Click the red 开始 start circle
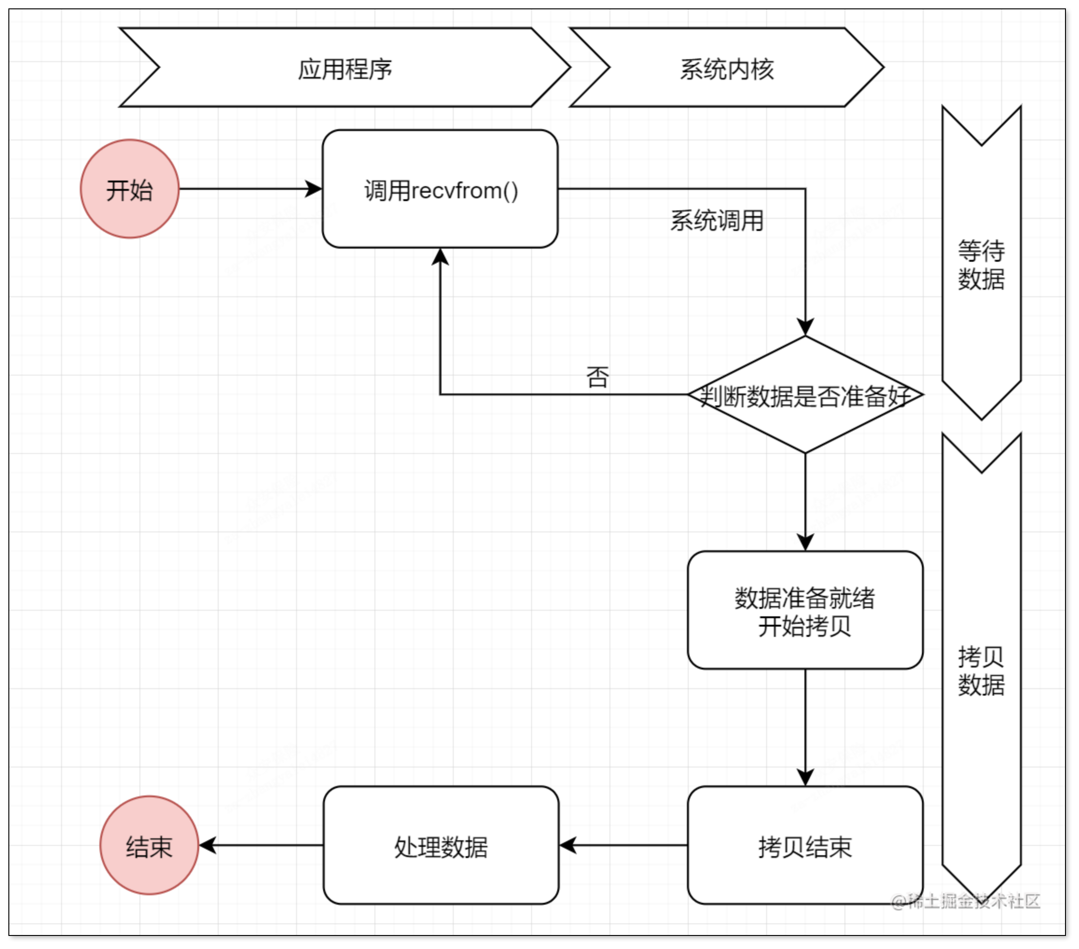click(x=129, y=189)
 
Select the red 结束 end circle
click(x=149, y=845)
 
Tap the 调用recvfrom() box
click(x=440, y=189)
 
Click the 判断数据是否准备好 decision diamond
click(x=805, y=395)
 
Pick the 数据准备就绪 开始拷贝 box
click(x=805, y=610)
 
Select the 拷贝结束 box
click(x=805, y=845)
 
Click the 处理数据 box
click(x=441, y=845)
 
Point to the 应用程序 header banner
click(x=345, y=68)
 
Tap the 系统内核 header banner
click(x=726, y=68)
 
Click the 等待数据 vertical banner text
click(x=982, y=264)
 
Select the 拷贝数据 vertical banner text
click(x=982, y=670)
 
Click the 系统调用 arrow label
click(x=717, y=220)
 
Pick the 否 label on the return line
click(x=598, y=377)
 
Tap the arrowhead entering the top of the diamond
click(x=805, y=327)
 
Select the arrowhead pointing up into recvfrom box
click(x=440, y=257)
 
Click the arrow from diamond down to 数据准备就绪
click(x=805, y=502)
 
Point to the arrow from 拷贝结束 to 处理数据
click(x=623, y=845)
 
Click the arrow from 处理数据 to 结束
click(x=261, y=845)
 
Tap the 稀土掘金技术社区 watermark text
click(x=966, y=901)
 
